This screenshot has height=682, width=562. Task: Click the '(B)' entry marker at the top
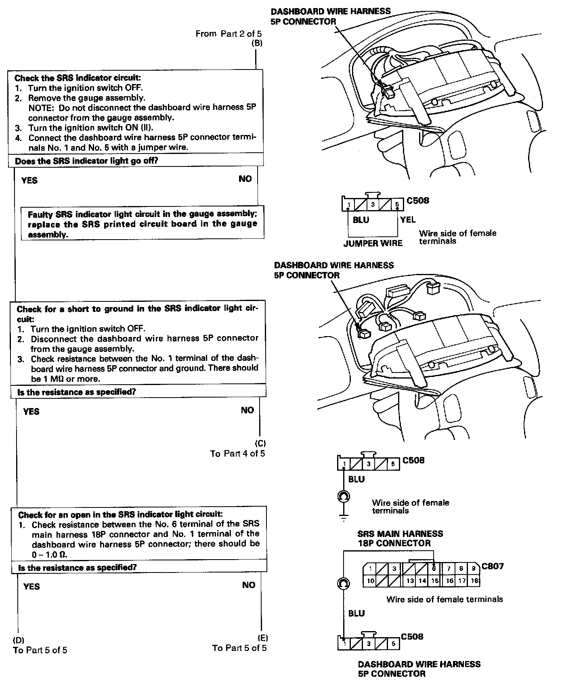pyautogui.click(x=257, y=44)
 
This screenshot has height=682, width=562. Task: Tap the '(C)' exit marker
pyautogui.click(x=260, y=443)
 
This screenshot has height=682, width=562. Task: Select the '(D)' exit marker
pyautogui.click(x=19, y=640)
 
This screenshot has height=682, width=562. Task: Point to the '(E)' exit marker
pyautogui.click(x=262, y=638)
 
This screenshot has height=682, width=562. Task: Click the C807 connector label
pyautogui.click(x=493, y=566)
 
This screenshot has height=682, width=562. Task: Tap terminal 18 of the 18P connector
pyautogui.click(x=475, y=581)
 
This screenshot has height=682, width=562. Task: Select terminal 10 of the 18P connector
pyautogui.click(x=370, y=581)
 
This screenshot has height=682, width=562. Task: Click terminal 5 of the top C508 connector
pyautogui.click(x=397, y=204)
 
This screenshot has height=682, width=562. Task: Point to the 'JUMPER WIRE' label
pyautogui.click(x=373, y=243)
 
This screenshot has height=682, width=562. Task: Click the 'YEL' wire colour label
pyautogui.click(x=408, y=219)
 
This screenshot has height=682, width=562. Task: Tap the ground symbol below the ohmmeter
pyautogui.click(x=343, y=517)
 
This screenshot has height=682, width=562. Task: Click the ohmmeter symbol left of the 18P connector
pyautogui.click(x=343, y=583)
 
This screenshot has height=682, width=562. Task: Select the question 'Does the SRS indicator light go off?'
pyautogui.click(x=86, y=161)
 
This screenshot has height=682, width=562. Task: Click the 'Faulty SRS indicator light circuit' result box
pyautogui.click(x=143, y=224)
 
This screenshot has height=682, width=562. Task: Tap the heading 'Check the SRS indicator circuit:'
pyautogui.click(x=78, y=78)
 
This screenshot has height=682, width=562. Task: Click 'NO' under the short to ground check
pyautogui.click(x=247, y=410)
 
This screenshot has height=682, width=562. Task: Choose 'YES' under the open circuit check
pyautogui.click(x=31, y=586)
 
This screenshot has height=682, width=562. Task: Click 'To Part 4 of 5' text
pyautogui.click(x=237, y=453)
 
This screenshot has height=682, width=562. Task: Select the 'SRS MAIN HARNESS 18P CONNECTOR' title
pyautogui.click(x=400, y=538)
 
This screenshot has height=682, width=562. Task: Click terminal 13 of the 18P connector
pyautogui.click(x=410, y=581)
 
